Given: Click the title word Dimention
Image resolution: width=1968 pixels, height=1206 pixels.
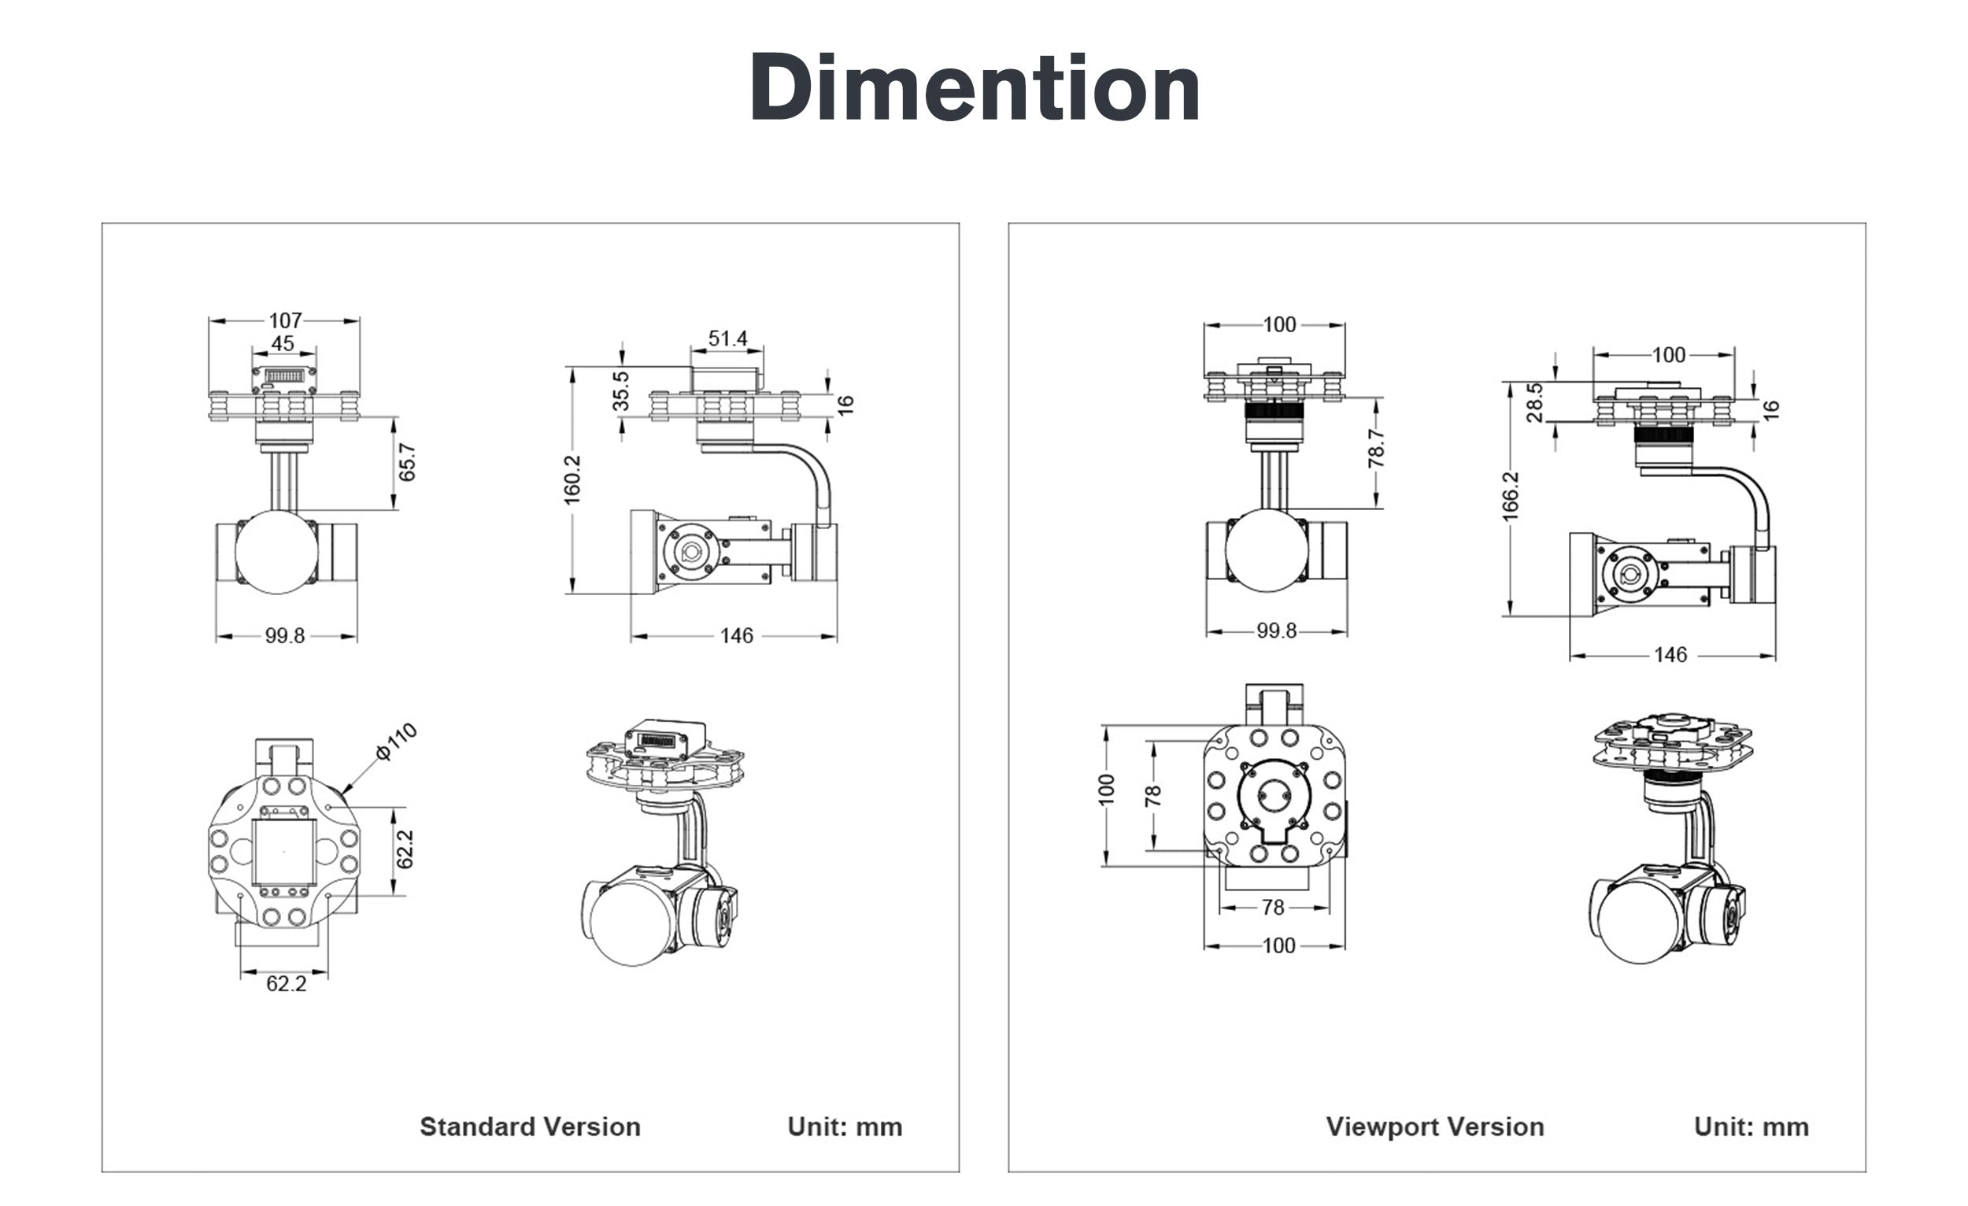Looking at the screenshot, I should (x=975, y=88).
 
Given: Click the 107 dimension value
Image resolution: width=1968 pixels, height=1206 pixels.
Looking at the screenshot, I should (x=285, y=320).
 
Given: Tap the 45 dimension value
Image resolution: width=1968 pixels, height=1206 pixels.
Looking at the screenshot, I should (x=283, y=343).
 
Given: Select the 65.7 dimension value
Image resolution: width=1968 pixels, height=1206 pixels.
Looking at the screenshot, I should (x=407, y=462).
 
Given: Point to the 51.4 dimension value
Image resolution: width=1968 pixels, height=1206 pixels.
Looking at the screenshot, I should (x=727, y=338).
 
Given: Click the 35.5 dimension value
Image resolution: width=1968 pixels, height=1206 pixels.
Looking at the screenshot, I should (x=621, y=390).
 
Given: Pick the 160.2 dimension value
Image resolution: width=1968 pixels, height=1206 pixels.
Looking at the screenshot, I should (x=572, y=480).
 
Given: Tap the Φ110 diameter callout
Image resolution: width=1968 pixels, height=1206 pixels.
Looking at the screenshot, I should (x=396, y=742).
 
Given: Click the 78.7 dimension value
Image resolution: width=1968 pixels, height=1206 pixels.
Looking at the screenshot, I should (x=1375, y=448).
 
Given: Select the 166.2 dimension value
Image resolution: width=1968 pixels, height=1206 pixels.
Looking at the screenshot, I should (x=1511, y=496).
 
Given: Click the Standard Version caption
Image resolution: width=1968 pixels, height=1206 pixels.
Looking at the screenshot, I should (x=531, y=1126).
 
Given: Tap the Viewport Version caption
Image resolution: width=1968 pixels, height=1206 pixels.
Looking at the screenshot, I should (x=1435, y=1126).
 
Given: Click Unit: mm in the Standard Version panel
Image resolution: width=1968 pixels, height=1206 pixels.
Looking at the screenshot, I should (x=845, y=1126).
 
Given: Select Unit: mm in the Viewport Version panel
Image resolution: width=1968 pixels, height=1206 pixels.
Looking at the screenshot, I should (x=1752, y=1126).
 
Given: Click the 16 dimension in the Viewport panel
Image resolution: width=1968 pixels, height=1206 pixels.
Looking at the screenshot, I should (x=1770, y=409).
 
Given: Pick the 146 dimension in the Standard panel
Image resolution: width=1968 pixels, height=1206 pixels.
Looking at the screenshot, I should (x=735, y=636).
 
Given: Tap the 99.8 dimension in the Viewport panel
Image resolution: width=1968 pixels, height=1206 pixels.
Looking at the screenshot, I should (x=1276, y=631).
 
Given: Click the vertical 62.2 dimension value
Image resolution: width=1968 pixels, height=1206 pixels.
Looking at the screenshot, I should (x=405, y=849).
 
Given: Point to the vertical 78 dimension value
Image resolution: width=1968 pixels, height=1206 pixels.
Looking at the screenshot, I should (x=1152, y=797).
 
